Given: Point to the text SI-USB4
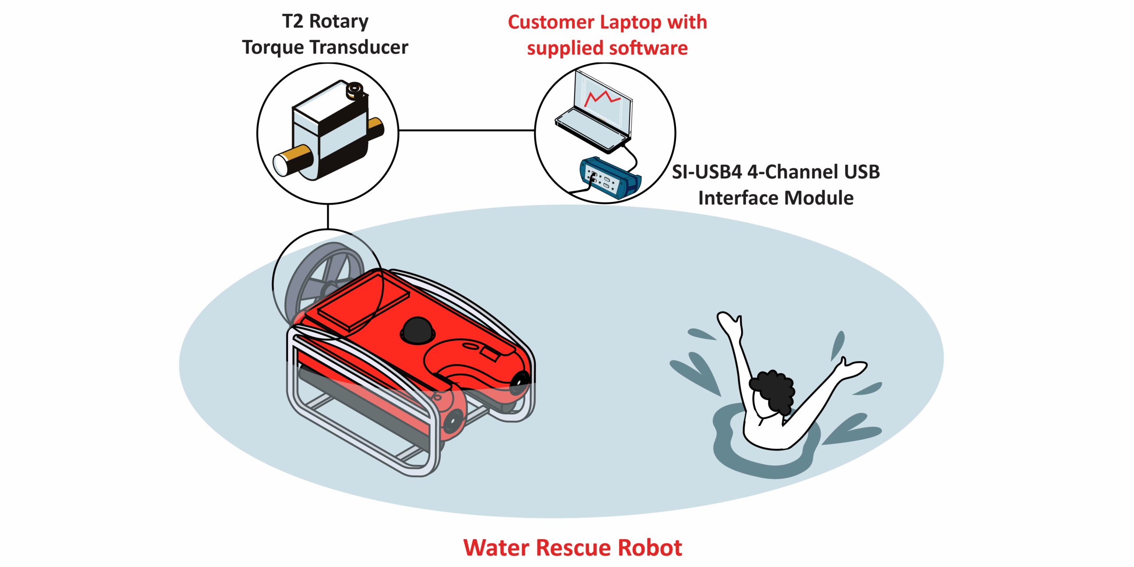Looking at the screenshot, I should coord(706,172).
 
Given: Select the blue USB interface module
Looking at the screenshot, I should coord(610,177).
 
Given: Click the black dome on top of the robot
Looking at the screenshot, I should coord(417,330).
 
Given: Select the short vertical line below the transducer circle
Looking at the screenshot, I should coord(328,216).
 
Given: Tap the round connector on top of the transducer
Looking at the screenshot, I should coord(354,90).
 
